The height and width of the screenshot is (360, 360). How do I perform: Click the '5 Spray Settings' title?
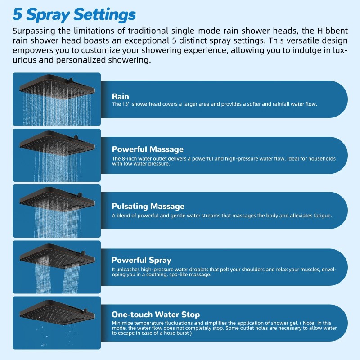tap(74, 15)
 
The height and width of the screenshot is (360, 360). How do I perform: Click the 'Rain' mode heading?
tap(120, 96)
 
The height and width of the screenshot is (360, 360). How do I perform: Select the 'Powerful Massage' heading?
tap(148, 149)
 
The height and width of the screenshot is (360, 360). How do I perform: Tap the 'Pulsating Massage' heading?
tap(148, 206)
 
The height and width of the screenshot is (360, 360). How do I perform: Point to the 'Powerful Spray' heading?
tap(141, 260)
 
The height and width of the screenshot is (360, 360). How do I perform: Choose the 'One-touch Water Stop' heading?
tap(156, 314)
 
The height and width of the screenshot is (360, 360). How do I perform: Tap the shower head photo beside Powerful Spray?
tap(57, 266)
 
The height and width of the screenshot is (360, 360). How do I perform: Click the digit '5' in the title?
tap(18, 15)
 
